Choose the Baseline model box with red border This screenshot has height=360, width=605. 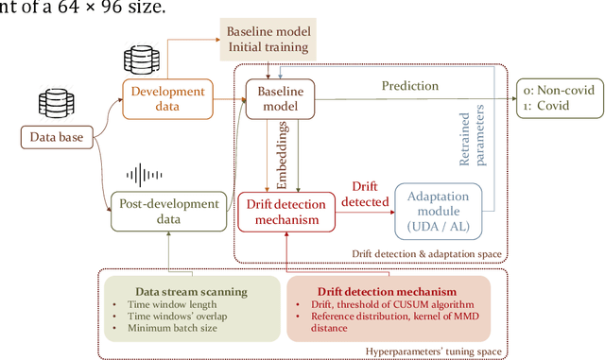pyautogui.click(x=273, y=98)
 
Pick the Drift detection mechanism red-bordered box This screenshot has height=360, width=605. pyautogui.click(x=285, y=210)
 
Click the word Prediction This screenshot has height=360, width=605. pyautogui.click(x=409, y=86)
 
